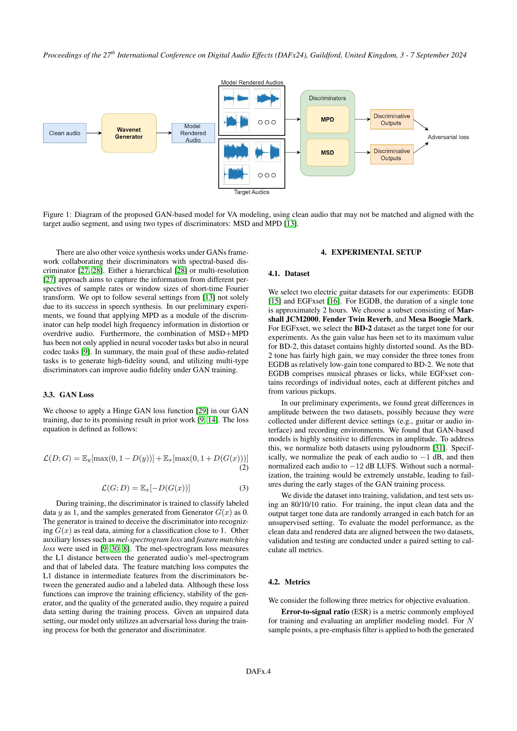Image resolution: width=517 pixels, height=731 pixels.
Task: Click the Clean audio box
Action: [65, 133]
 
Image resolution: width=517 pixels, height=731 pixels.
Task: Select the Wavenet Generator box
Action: [129, 133]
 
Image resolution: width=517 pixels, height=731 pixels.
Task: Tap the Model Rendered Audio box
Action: [193, 133]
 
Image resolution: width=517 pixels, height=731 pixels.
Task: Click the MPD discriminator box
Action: [328, 119]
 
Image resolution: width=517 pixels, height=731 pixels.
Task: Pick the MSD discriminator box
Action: [328, 153]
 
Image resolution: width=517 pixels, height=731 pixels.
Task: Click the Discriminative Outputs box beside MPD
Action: [392, 119]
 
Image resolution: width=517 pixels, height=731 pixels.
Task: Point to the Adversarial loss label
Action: [448, 137]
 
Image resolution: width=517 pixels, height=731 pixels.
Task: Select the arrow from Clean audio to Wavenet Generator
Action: [94, 133]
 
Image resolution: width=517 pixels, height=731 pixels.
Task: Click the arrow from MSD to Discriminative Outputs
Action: [363, 153]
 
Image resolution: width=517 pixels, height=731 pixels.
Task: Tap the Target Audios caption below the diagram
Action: [252, 192]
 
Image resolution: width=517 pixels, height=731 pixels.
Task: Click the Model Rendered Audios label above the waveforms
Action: [252, 83]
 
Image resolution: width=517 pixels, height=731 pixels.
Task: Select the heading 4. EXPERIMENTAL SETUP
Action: [371, 252]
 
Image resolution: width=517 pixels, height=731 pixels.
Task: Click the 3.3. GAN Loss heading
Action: [68, 395]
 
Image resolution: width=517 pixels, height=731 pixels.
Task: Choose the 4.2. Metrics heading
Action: [289, 582]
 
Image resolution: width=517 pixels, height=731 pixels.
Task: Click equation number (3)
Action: [243, 488]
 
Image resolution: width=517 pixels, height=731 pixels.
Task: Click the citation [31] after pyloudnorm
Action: [439, 448]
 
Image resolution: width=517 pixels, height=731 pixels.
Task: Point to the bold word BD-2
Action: [363, 328]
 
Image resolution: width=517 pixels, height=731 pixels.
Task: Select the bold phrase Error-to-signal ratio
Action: [315, 612]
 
